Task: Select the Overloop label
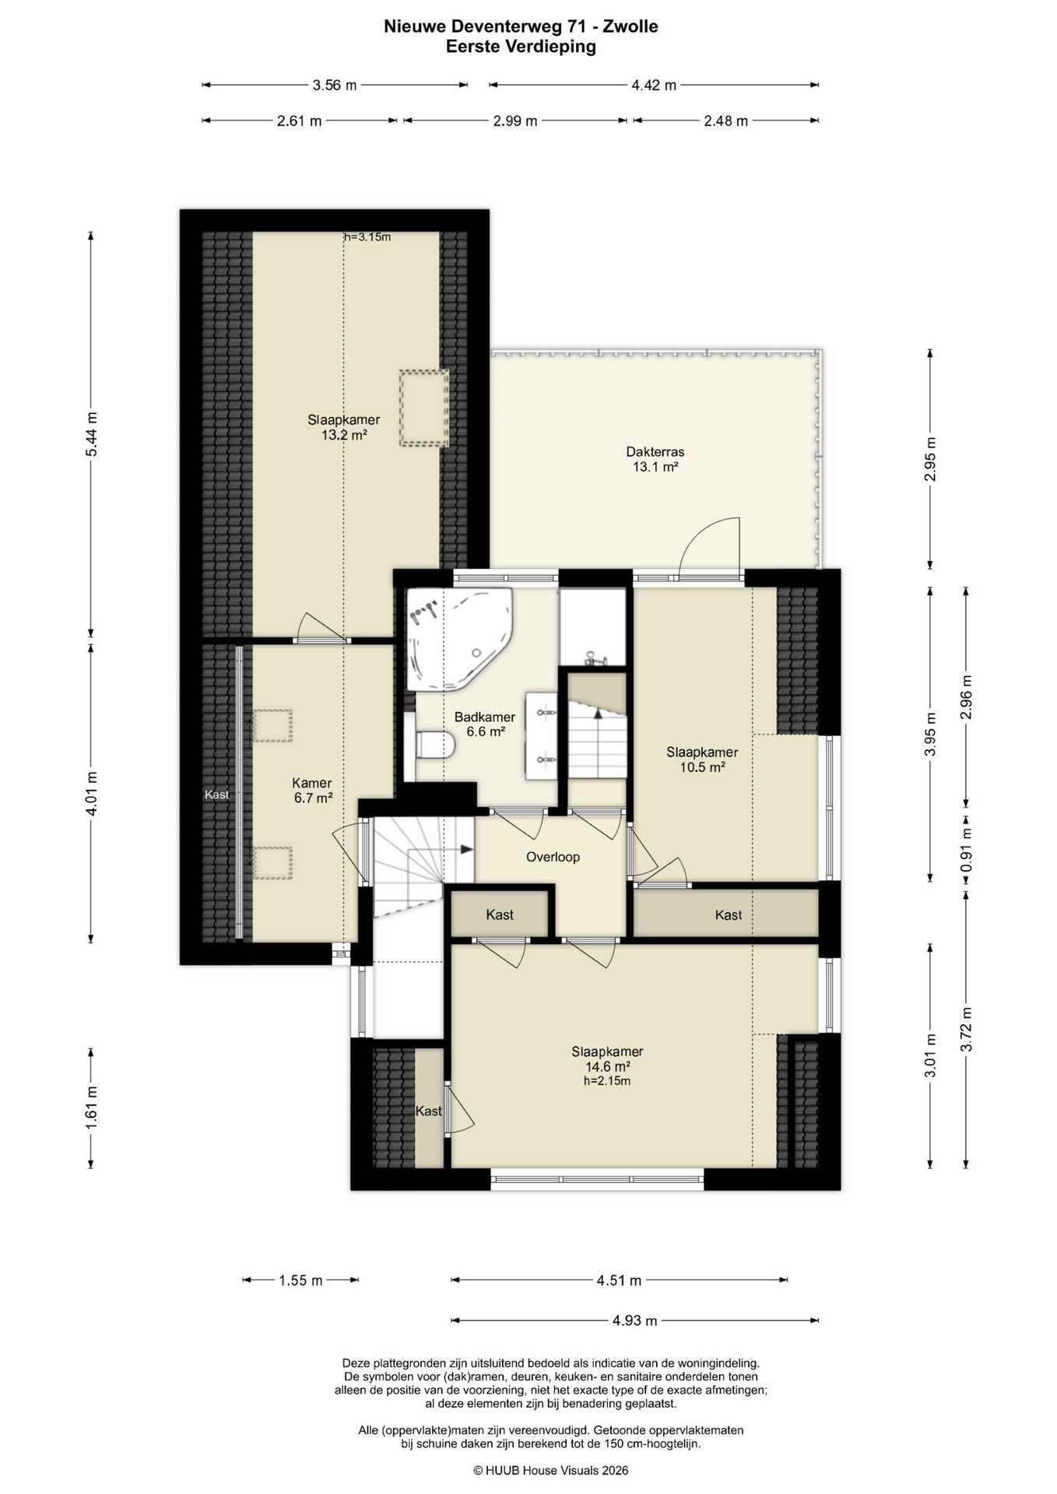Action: pos(553,857)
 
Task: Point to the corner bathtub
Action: pos(458,638)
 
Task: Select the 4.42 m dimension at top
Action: pos(654,85)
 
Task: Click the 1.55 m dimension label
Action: pos(300,1280)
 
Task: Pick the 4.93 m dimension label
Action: pos(635,1320)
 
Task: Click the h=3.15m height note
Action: pos(367,237)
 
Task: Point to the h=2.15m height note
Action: pos(607,1081)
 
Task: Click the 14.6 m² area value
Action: pos(607,1067)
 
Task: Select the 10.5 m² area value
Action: pos(702,766)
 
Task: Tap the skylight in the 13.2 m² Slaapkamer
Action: pos(424,408)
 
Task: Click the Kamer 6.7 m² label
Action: pos(312,790)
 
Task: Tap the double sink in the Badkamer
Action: pos(542,735)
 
